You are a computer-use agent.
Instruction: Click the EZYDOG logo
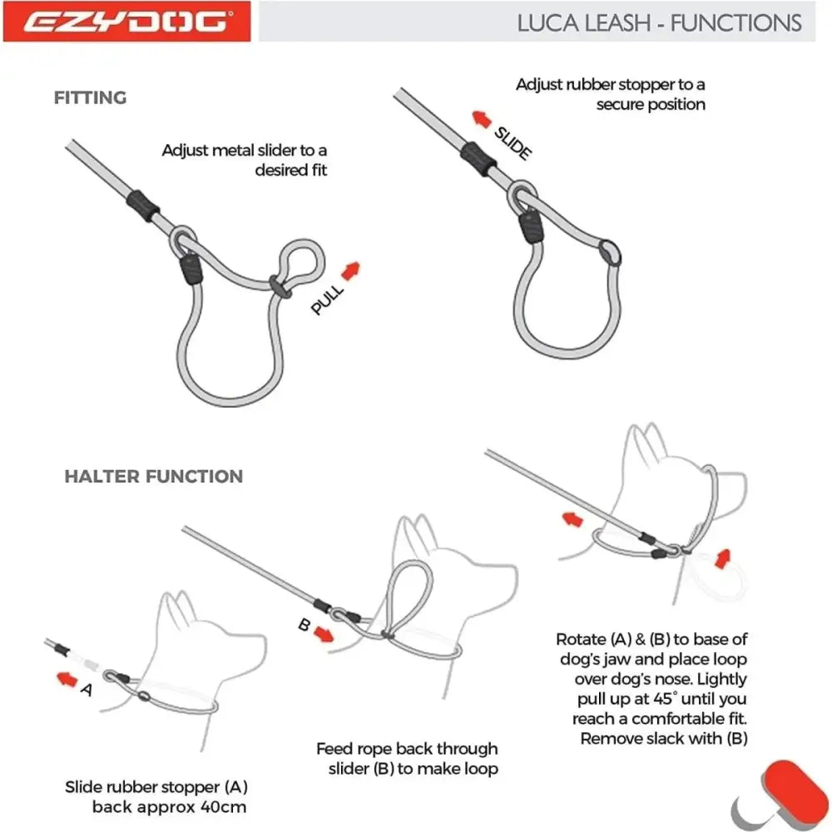pos(126,21)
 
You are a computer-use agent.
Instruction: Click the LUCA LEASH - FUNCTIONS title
pos(660,22)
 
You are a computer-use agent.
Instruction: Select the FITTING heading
pos(91,97)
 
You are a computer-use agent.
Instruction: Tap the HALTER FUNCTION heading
pos(154,477)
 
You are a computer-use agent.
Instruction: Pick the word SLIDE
pos(512,143)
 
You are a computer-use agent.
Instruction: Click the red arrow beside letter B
pos(324,636)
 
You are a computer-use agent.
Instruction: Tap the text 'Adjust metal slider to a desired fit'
pos(245,160)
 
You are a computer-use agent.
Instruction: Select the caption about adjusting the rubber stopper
pos(611,94)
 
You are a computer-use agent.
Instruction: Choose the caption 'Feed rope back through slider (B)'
pos(407,759)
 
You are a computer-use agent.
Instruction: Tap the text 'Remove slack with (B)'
pos(664,738)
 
